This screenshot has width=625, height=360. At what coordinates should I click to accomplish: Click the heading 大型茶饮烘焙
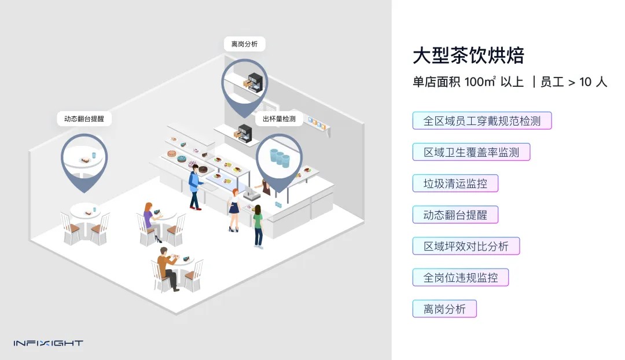pyautogui.click(x=468, y=56)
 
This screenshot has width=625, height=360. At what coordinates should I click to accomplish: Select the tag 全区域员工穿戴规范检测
pyautogui.click(x=482, y=121)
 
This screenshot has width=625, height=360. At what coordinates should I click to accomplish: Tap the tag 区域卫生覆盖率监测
pyautogui.click(x=471, y=152)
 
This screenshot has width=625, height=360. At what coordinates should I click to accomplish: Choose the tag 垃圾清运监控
pyautogui.click(x=455, y=184)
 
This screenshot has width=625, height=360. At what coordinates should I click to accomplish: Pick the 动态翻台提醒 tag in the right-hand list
pyautogui.click(x=455, y=215)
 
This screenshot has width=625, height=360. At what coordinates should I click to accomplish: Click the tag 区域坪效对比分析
pyautogui.click(x=466, y=246)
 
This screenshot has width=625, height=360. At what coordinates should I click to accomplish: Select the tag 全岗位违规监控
pyautogui.click(x=460, y=277)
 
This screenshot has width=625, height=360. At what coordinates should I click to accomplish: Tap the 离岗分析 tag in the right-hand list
pyautogui.click(x=444, y=308)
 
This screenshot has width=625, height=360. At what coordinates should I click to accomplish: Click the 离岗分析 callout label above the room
pyautogui.click(x=245, y=44)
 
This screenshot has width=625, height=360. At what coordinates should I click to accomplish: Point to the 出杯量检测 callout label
pyautogui.click(x=279, y=119)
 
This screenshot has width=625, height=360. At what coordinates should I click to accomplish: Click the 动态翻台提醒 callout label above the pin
pyautogui.click(x=84, y=119)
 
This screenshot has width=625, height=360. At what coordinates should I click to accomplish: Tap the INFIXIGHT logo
pyautogui.click(x=49, y=343)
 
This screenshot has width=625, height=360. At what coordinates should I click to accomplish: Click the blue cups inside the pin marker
pyautogui.click(x=280, y=157)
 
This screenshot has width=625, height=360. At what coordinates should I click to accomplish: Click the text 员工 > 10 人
pyautogui.click(x=573, y=82)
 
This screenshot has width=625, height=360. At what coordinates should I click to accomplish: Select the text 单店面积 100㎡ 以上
pyautogui.click(x=468, y=82)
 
